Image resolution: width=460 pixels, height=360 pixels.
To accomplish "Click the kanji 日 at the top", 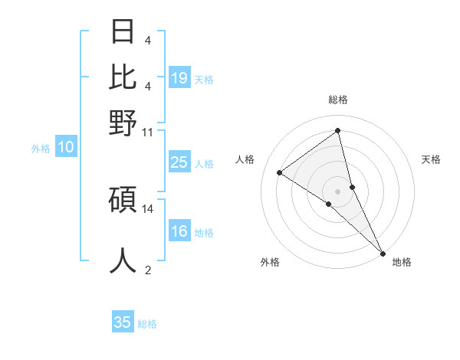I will [x=123, y=31].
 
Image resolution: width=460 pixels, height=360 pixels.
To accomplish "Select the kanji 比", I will [x=123, y=76].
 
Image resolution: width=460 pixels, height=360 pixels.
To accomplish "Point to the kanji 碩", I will [x=123, y=200].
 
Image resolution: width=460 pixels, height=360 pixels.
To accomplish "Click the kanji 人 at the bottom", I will [x=123, y=260].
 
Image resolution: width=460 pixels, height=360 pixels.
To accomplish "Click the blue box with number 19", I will [x=179, y=78].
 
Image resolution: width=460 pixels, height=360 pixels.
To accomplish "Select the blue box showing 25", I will [x=179, y=162].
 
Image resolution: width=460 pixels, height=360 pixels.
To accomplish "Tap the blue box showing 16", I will [x=179, y=231].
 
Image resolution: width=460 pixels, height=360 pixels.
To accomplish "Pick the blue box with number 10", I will [x=66, y=148].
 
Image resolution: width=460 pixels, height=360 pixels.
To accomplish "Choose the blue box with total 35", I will [x=123, y=322].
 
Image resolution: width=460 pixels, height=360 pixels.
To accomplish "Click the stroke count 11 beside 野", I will [x=148, y=132].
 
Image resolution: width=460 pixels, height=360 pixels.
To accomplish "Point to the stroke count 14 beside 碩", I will [x=148, y=208].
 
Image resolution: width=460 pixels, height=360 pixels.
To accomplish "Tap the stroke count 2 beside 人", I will [x=148, y=270].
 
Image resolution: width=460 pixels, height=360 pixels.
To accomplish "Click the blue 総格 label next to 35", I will [x=148, y=324].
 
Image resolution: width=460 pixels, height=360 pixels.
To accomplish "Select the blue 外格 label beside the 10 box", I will [x=41, y=149].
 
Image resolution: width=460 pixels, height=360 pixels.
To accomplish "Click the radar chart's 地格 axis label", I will [x=402, y=262].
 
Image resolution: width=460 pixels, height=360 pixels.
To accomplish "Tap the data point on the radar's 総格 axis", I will [x=337, y=131].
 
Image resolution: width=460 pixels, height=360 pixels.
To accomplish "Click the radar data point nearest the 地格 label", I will [x=382, y=252].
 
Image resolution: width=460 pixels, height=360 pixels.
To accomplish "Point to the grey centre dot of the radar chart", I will [x=337, y=191].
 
